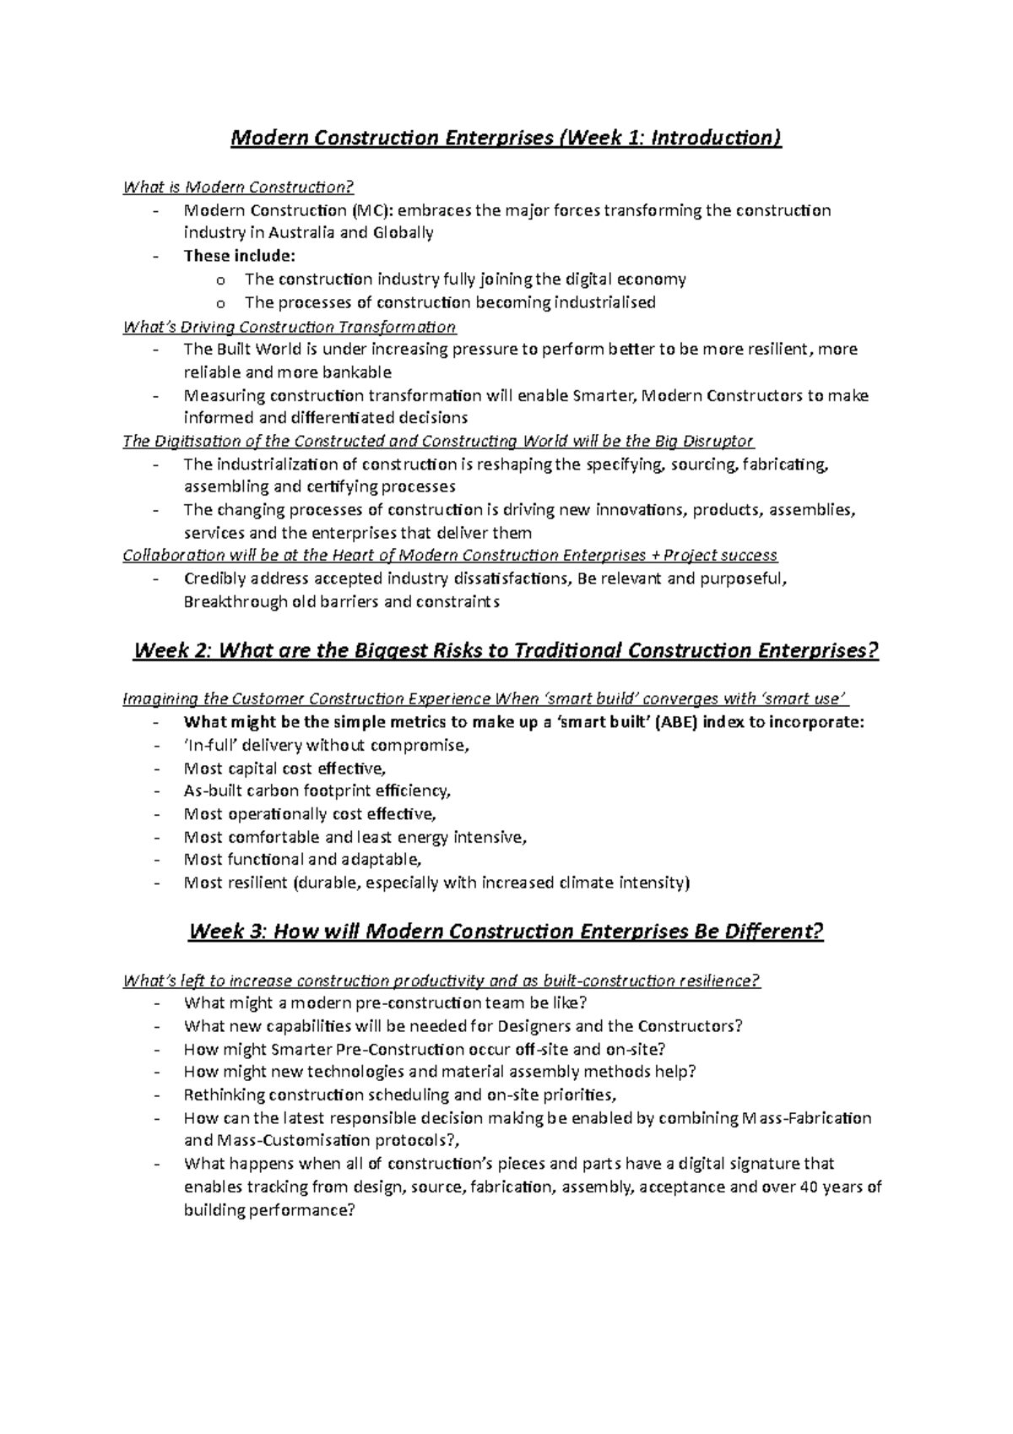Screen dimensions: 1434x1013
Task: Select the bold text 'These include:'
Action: (240, 256)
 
